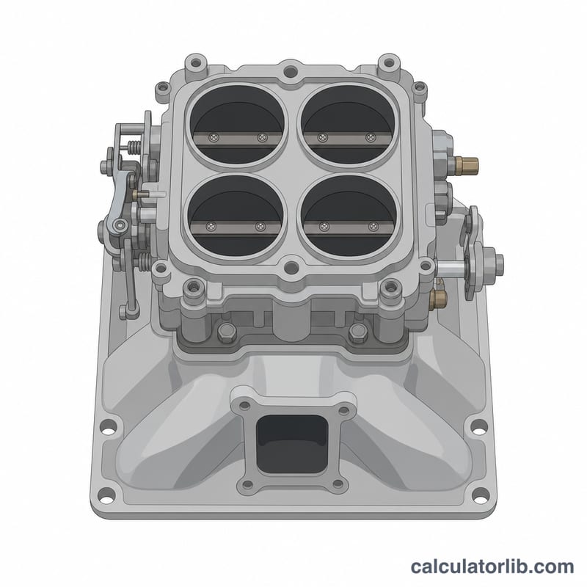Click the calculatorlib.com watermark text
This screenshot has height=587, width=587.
coord(492,566)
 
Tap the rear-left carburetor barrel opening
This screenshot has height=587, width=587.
coord(236,124)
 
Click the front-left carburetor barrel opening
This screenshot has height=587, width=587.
coord(236,216)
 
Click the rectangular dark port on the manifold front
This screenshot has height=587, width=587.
coord(292,444)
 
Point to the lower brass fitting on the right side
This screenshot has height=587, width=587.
coord(438,298)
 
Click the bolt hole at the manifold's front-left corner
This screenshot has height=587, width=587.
coord(106,497)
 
